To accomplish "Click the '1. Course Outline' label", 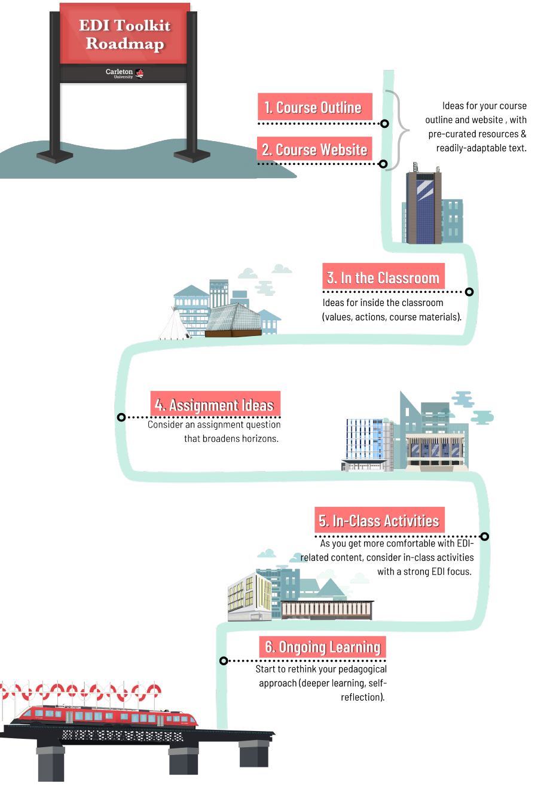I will [314, 107].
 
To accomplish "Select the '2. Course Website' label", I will [314, 149].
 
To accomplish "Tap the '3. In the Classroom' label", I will [383, 277].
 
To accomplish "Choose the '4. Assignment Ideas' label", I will [215, 405].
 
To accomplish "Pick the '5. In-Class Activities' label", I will [379, 521].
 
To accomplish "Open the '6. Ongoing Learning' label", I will [323, 647].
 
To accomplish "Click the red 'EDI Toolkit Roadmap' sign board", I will [124, 34].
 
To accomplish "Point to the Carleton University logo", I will [124, 74].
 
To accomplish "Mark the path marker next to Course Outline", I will [385, 124].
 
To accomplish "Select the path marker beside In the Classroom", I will [469, 292].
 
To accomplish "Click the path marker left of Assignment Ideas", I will [121, 417].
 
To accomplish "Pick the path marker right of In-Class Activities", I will [484, 536].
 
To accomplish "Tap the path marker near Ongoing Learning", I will [224, 660].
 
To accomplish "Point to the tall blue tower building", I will [424, 206].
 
